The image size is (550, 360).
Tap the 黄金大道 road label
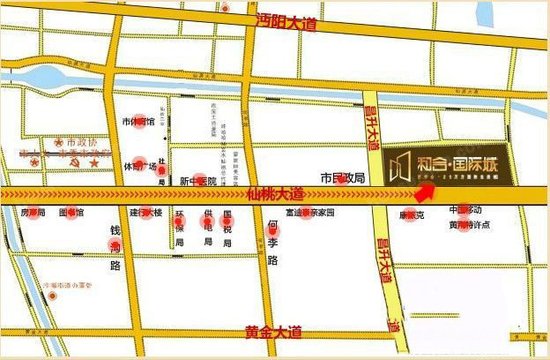coord(274,331)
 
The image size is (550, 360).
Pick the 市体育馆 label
coord(138,122)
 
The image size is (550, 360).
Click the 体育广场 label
coord(140,167)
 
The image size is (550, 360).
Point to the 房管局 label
coord(33,213)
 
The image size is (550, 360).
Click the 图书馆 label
coord(72,213)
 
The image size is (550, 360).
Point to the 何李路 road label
coord(271,243)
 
